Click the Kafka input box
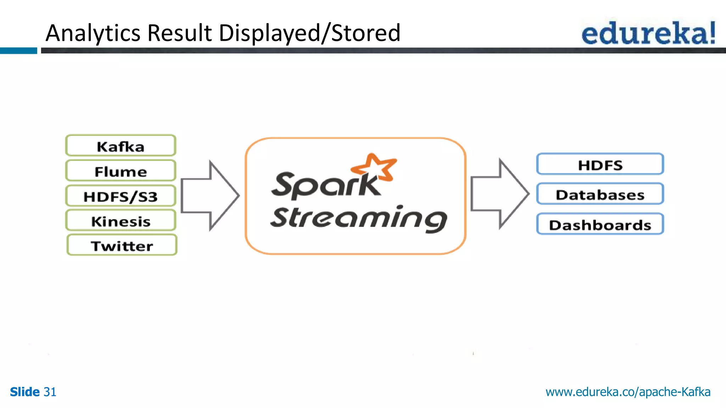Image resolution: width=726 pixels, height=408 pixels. pyautogui.click(x=121, y=146)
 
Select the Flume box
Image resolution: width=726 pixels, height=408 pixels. pyautogui.click(x=121, y=171)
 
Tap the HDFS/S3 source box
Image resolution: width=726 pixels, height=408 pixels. pyautogui.click(x=121, y=196)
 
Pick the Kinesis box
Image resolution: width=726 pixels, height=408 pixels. pyautogui.click(x=121, y=221)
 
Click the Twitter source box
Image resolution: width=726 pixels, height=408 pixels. pyautogui.click(x=122, y=245)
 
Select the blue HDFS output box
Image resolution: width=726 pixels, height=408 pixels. pyautogui.click(x=600, y=164)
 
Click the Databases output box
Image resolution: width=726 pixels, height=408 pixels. pyautogui.click(x=600, y=194)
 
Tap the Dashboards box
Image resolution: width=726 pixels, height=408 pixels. pyautogui.click(x=600, y=224)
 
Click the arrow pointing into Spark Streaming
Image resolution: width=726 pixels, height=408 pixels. pyautogui.click(x=209, y=195)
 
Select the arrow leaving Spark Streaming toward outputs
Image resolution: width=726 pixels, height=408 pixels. pyautogui.click(x=499, y=194)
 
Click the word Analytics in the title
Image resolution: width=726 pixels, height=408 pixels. pyautogui.click(x=93, y=33)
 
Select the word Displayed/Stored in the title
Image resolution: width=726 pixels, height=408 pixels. pyautogui.click(x=309, y=33)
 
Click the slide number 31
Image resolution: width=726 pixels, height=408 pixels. pyautogui.click(x=50, y=392)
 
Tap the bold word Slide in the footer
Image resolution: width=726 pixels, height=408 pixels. pyautogui.click(x=24, y=392)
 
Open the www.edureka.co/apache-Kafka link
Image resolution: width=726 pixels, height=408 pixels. pyautogui.click(x=627, y=392)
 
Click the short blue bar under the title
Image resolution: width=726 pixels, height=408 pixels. pyautogui.click(x=18, y=51)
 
